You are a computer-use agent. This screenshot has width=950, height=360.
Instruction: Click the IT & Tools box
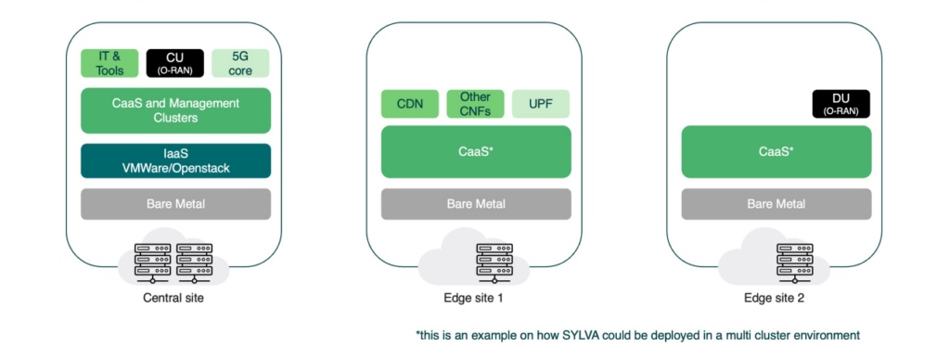click(110, 62)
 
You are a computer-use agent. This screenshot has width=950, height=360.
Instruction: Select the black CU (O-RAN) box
click(175, 62)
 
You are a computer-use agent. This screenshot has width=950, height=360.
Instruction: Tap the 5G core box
click(240, 62)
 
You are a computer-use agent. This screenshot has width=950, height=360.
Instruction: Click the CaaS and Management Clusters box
click(175, 110)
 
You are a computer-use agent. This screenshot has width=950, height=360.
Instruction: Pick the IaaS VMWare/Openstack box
click(175, 161)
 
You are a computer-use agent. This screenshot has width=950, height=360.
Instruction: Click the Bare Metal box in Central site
click(175, 203)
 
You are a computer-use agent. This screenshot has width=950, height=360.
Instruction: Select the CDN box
click(409, 104)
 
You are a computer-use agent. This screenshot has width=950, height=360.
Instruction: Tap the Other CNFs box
click(475, 104)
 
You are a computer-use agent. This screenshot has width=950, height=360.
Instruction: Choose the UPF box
click(541, 104)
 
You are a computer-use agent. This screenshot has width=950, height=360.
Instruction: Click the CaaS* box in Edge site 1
click(475, 151)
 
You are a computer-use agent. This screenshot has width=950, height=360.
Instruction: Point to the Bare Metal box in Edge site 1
click(475, 203)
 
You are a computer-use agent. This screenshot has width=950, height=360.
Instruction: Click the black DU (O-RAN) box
click(841, 104)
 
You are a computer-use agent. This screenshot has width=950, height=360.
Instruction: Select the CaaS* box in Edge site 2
click(776, 151)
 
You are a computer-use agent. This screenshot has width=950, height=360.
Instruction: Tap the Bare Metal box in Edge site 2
click(776, 203)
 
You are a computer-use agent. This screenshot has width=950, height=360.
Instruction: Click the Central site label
click(174, 298)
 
